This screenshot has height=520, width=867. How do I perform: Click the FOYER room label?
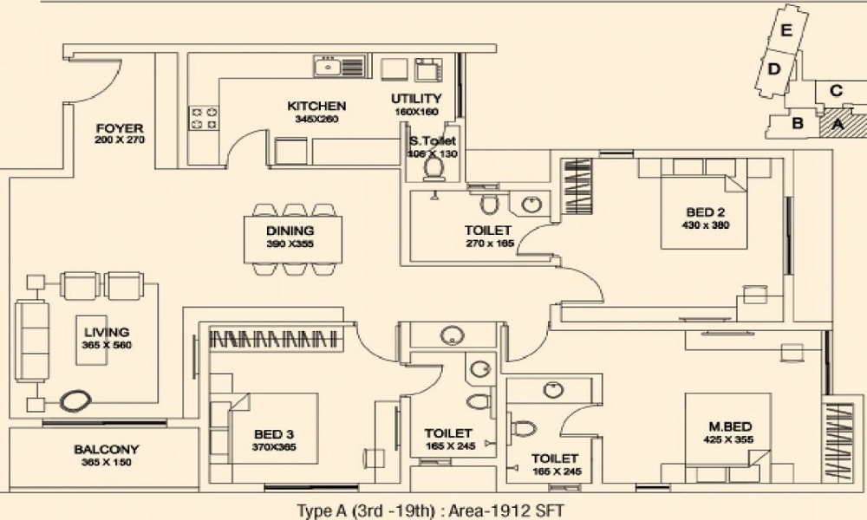pos(120,129)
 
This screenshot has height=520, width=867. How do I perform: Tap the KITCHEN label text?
pos(316,106)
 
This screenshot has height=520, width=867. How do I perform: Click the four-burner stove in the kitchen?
pos(204,117)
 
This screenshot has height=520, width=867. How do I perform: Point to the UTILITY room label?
pos(416,99)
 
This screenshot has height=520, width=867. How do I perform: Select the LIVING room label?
pos(107,332)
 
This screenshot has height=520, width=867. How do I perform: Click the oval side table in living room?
pos(75,400)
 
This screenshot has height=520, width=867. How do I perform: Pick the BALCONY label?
pos(106,450)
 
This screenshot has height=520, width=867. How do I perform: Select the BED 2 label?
pos(706,212)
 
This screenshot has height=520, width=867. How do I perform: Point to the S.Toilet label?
pos(432,140)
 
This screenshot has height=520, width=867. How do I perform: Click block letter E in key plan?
pos(786,31)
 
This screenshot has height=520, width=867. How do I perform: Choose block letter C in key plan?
pos(835,90)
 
